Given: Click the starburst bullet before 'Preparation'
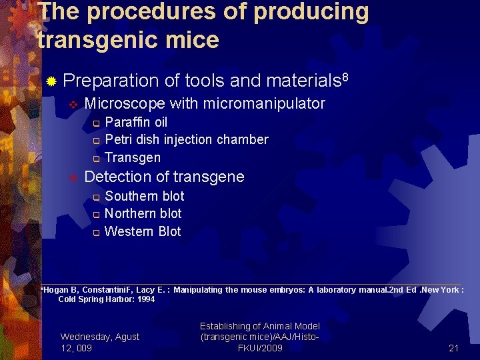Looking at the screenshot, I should tap(51, 82).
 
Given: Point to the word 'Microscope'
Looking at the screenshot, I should tap(125, 103).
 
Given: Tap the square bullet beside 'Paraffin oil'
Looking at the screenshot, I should tap(96, 123).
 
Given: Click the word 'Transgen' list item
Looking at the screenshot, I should tap(133, 158).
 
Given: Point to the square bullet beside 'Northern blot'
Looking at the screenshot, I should tap(96, 214).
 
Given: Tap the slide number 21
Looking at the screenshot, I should tap(453, 348).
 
